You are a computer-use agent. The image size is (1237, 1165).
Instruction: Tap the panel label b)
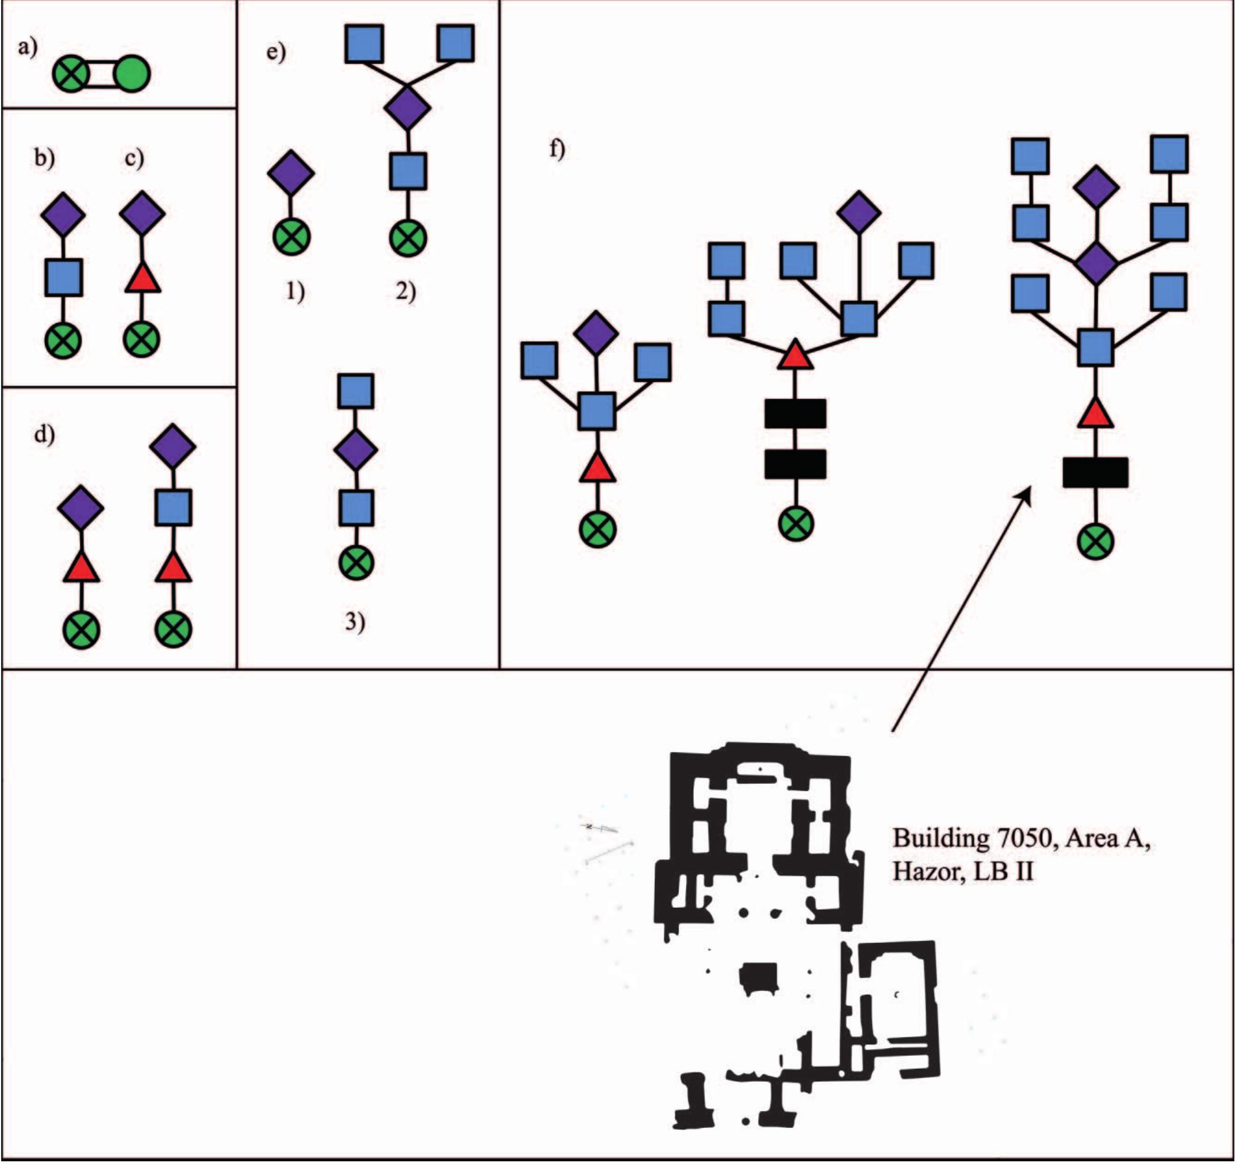click(x=44, y=158)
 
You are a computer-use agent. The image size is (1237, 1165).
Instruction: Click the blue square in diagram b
click(x=64, y=278)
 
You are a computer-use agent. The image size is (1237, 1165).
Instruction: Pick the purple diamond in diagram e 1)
click(x=290, y=173)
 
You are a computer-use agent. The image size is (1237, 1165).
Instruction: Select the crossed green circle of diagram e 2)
click(x=408, y=238)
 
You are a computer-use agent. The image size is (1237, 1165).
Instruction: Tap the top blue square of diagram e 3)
click(x=356, y=392)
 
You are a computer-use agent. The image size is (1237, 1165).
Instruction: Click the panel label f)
click(x=557, y=149)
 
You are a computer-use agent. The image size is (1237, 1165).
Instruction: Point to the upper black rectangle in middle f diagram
click(x=795, y=414)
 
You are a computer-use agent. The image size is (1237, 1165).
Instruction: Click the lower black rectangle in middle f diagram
click(x=795, y=464)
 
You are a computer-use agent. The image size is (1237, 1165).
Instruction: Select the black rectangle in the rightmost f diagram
click(x=1095, y=473)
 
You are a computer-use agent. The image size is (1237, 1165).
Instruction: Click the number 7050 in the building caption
click(x=1027, y=838)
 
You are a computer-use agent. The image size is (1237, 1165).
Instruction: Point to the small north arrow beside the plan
click(x=601, y=828)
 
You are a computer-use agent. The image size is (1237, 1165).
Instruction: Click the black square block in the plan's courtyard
click(x=759, y=977)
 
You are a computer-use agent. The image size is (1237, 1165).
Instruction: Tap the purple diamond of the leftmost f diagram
click(x=596, y=333)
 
